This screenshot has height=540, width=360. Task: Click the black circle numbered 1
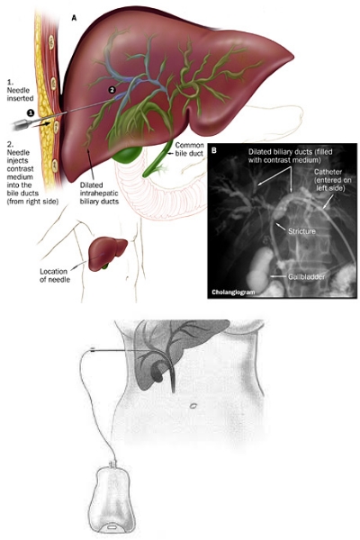tap(31, 112)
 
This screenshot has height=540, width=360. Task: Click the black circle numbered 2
tap(112, 89)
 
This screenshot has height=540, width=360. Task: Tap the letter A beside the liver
tap(74, 18)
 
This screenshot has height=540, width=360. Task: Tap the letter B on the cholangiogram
tap(214, 150)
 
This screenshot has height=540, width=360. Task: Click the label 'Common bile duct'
tap(189, 149)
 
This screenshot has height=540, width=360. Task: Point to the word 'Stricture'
tap(301, 231)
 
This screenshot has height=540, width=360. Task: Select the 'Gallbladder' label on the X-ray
tap(306, 276)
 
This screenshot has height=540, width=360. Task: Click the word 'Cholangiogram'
tap(233, 292)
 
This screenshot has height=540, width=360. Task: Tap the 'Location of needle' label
tap(55, 275)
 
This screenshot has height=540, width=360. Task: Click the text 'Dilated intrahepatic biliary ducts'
tap(99, 193)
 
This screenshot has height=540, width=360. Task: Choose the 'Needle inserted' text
tap(21, 90)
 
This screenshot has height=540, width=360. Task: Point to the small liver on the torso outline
tap(107, 253)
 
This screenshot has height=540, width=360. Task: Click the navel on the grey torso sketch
tap(193, 406)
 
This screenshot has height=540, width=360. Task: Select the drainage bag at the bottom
tap(111, 499)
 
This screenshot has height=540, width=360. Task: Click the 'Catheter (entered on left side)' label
tap(330, 180)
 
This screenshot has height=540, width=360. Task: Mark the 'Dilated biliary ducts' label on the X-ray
tap(290, 156)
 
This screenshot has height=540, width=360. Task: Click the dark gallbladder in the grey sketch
tap(157, 373)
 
